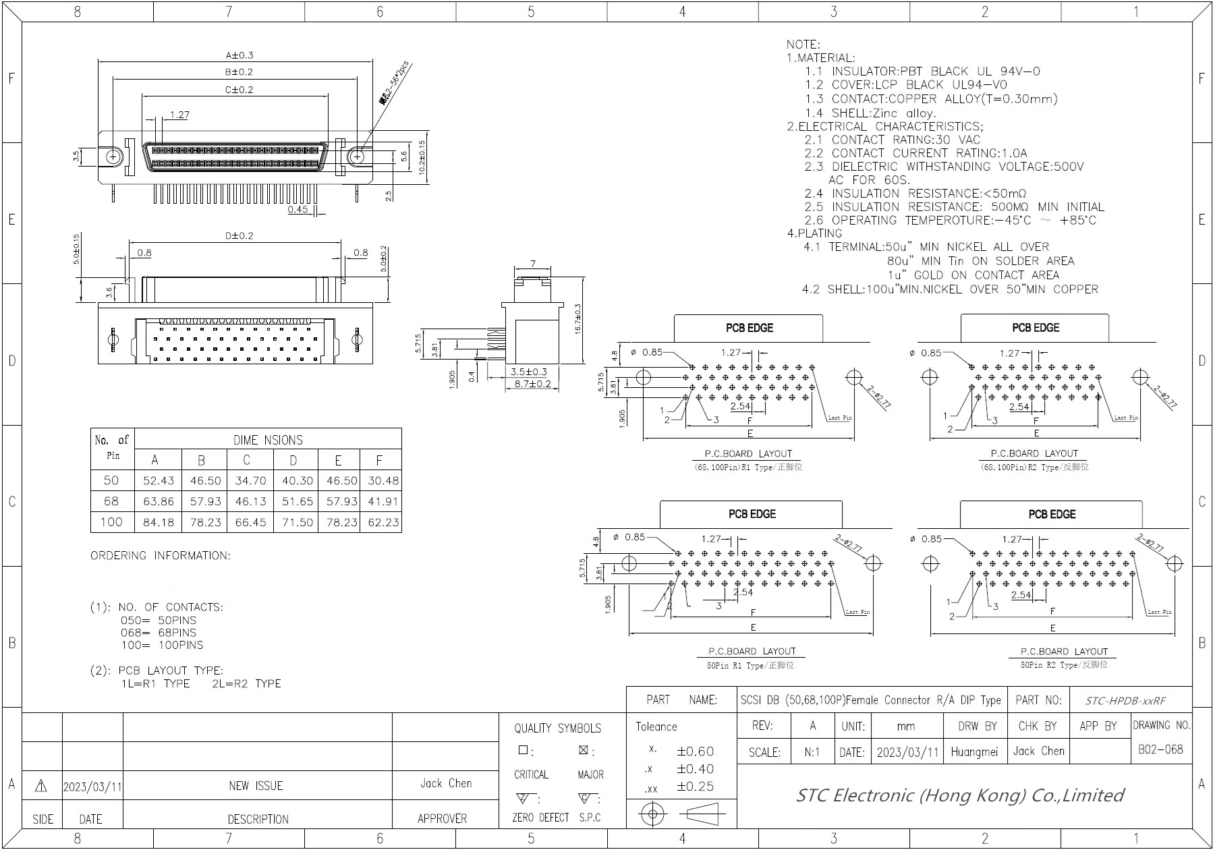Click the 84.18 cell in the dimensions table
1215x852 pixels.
(x=158, y=522)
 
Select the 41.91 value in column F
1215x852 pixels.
(x=383, y=501)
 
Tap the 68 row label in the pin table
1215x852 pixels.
(x=111, y=501)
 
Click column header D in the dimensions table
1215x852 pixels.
(x=293, y=460)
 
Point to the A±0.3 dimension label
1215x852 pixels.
(x=239, y=55)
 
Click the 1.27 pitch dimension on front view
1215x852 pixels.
(x=179, y=115)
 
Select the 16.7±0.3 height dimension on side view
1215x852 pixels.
(x=578, y=318)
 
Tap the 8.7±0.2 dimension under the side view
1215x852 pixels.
(x=533, y=384)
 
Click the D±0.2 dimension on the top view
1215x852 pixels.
(x=239, y=236)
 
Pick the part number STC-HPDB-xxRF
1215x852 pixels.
(x=1125, y=700)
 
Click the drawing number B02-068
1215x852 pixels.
(x=1160, y=749)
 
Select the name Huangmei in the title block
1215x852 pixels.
(x=974, y=751)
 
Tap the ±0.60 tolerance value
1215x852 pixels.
(x=695, y=751)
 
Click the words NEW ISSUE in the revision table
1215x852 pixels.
(x=256, y=786)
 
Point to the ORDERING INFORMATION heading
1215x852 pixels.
(x=161, y=556)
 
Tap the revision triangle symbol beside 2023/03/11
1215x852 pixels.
(x=40, y=786)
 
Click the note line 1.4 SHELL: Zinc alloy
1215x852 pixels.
(x=870, y=113)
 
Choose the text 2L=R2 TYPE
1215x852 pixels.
(x=246, y=683)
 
